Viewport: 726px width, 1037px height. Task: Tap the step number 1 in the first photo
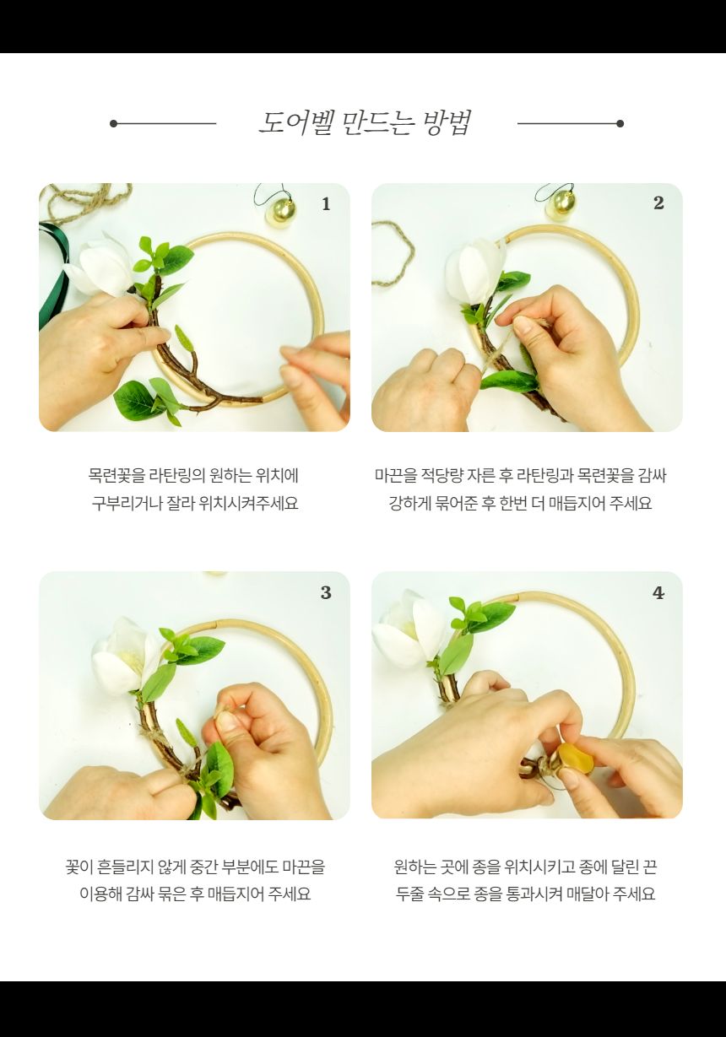[x=326, y=204]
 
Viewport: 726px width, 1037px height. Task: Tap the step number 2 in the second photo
[x=658, y=203]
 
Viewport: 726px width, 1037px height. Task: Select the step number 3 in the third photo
[x=326, y=593]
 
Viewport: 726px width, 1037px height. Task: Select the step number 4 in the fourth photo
[x=658, y=593]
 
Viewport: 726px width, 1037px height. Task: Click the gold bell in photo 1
[x=280, y=211]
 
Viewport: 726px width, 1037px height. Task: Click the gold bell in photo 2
[x=561, y=205]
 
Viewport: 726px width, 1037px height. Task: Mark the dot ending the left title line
[x=113, y=123]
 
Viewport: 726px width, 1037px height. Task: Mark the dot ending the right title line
[x=620, y=123]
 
